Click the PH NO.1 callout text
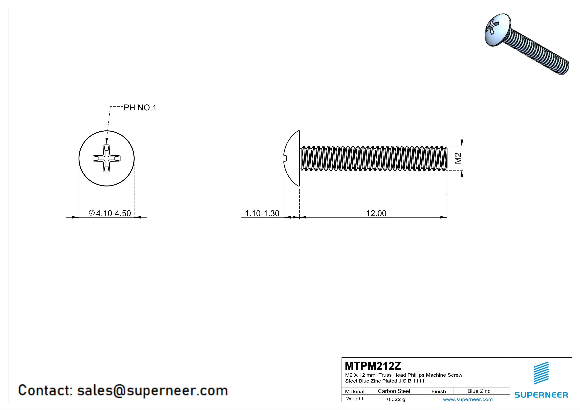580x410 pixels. pos(140,108)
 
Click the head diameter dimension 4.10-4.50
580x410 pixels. pos(113,213)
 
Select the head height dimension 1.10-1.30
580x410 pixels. pos(262,213)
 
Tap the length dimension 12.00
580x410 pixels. pos(376,213)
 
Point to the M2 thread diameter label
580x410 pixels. pos(458,158)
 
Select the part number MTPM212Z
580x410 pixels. pos(373,366)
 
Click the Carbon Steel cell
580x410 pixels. pos(394,391)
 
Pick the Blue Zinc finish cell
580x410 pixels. pos(479,391)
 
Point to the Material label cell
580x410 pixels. pos(355,391)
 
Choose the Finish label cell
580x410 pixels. pos(439,391)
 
